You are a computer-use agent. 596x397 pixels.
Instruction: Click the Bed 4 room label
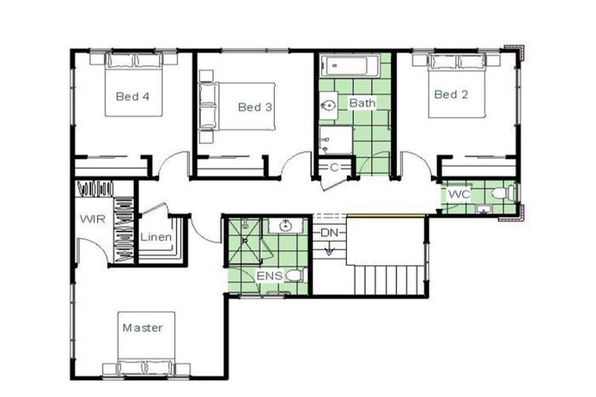coord(132,97)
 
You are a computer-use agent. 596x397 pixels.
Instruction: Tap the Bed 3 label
coord(255,107)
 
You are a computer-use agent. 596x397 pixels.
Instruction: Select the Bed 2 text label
coord(451,95)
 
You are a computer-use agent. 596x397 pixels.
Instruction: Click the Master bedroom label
coord(143,328)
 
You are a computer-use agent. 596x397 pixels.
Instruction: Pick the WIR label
coord(91,219)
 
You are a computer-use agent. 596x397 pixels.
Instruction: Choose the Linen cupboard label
coord(156,236)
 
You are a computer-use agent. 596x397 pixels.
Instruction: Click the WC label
coord(459,194)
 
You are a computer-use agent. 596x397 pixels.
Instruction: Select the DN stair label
coord(329,233)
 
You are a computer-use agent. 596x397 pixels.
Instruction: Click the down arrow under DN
coord(329,249)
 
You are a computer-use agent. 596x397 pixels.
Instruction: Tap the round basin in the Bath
coord(328,105)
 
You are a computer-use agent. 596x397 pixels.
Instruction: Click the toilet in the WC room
coord(505,192)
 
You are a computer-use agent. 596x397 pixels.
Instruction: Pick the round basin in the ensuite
coord(286,226)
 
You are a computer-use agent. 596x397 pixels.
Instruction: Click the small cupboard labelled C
coord(334,167)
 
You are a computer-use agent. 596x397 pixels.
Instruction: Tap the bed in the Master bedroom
coord(147,345)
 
